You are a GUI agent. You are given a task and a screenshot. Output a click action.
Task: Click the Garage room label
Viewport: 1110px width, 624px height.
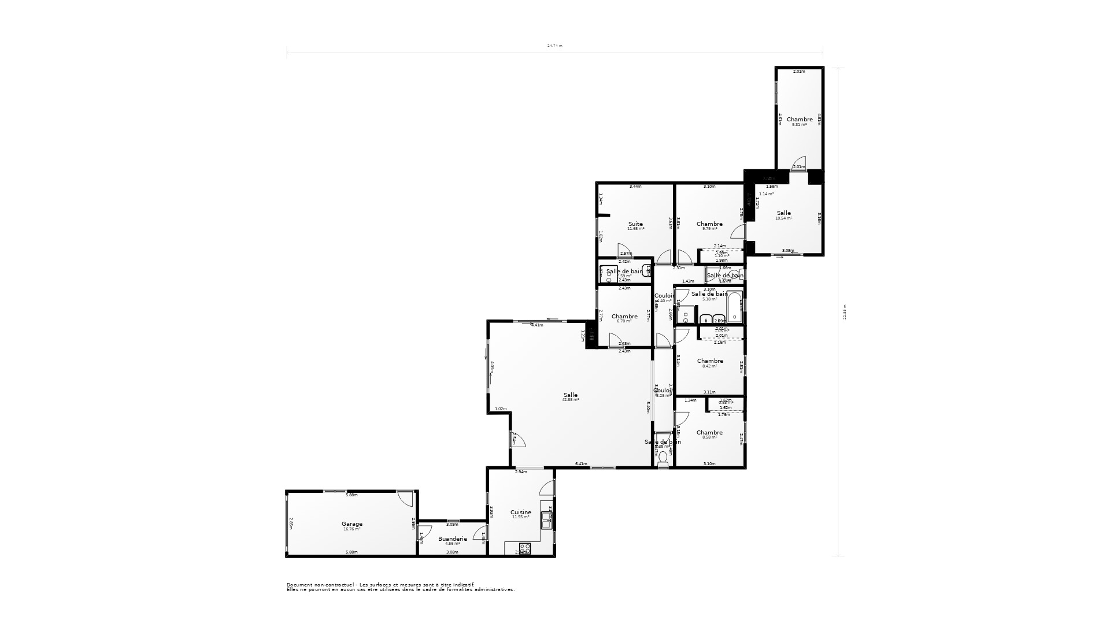tap(352, 524)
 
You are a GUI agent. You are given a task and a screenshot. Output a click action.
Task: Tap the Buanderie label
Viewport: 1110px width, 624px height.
tap(452, 538)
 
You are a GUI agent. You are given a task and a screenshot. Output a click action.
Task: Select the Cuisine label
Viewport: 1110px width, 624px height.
tap(520, 512)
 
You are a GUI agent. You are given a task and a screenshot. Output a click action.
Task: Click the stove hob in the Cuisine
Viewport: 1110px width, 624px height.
tap(525, 548)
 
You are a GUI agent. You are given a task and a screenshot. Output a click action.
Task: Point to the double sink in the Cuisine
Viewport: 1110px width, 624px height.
tap(546, 521)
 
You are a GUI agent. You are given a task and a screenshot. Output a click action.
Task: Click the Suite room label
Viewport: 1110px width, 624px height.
tap(635, 224)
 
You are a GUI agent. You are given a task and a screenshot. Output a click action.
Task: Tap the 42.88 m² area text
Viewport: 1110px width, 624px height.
tap(570, 400)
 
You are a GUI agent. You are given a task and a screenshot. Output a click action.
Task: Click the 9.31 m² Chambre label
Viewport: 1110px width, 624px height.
tap(800, 120)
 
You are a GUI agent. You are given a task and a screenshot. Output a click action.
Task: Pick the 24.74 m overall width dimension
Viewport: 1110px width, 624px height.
tap(554, 46)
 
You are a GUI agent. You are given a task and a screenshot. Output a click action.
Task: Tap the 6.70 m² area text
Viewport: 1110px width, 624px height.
tap(624, 321)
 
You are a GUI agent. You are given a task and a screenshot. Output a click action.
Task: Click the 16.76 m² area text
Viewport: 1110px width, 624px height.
tap(352, 529)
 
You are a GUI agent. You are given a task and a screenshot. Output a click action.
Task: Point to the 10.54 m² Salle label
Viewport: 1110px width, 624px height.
tap(783, 213)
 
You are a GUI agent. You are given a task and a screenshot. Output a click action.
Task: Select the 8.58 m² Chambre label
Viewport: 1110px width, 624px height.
tap(709, 433)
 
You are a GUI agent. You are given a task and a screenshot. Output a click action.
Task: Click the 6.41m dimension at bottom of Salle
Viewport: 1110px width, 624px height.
tap(581, 464)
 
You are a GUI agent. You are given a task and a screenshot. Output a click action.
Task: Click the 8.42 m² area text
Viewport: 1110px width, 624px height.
tap(709, 366)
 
